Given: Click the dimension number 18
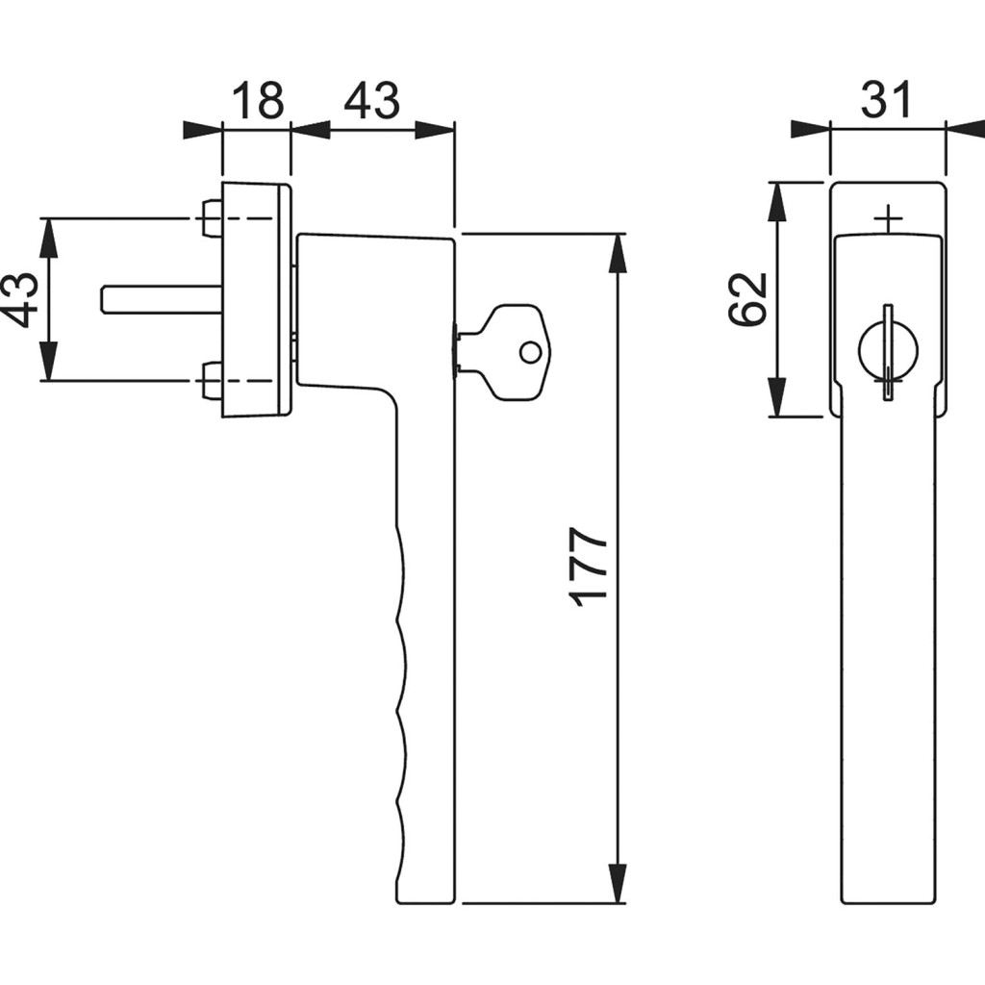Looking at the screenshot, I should pyautogui.click(x=258, y=100).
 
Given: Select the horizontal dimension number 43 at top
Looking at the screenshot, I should pyautogui.click(x=371, y=100).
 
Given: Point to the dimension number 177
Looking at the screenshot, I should pyautogui.click(x=589, y=566).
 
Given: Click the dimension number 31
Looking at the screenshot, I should pyautogui.click(x=885, y=99).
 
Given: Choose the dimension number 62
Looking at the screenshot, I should pyautogui.click(x=749, y=299).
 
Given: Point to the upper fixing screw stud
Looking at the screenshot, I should pyautogui.click(x=211, y=218).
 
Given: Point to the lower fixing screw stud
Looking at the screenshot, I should pyautogui.click(x=211, y=380).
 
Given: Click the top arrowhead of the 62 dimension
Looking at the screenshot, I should pyautogui.click(x=777, y=199).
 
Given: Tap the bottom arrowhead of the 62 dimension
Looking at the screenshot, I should pyautogui.click(x=777, y=398).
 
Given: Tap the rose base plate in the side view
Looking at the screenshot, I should pyautogui.click(x=256, y=299).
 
